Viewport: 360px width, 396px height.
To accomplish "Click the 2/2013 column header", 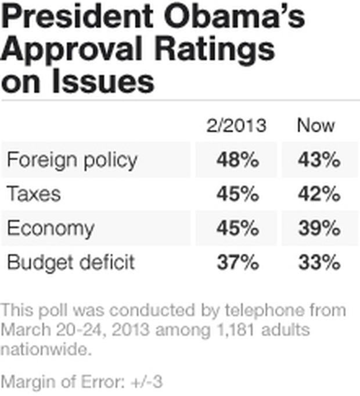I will [x=236, y=125].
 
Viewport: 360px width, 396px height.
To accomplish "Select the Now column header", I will [x=316, y=125].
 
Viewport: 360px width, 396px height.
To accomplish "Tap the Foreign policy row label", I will [x=72, y=160].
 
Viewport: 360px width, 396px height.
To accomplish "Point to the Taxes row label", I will [x=34, y=193].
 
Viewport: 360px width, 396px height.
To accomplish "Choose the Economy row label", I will [x=50, y=228].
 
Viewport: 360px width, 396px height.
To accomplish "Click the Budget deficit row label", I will [x=71, y=262].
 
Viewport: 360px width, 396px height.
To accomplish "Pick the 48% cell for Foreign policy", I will [x=237, y=160].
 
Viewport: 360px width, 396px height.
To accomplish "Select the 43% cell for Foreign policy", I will [x=319, y=160].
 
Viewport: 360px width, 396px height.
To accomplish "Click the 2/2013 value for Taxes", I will [x=237, y=193].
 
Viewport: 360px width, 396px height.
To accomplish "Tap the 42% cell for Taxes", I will [x=319, y=193].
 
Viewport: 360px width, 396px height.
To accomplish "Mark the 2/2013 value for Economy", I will [x=237, y=228].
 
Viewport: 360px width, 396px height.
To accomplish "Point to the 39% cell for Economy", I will [x=319, y=228].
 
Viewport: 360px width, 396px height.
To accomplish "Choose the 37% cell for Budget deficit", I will [x=237, y=262].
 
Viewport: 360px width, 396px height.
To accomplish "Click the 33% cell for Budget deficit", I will [x=319, y=262].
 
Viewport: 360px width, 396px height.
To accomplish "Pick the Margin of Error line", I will [x=81, y=381].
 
